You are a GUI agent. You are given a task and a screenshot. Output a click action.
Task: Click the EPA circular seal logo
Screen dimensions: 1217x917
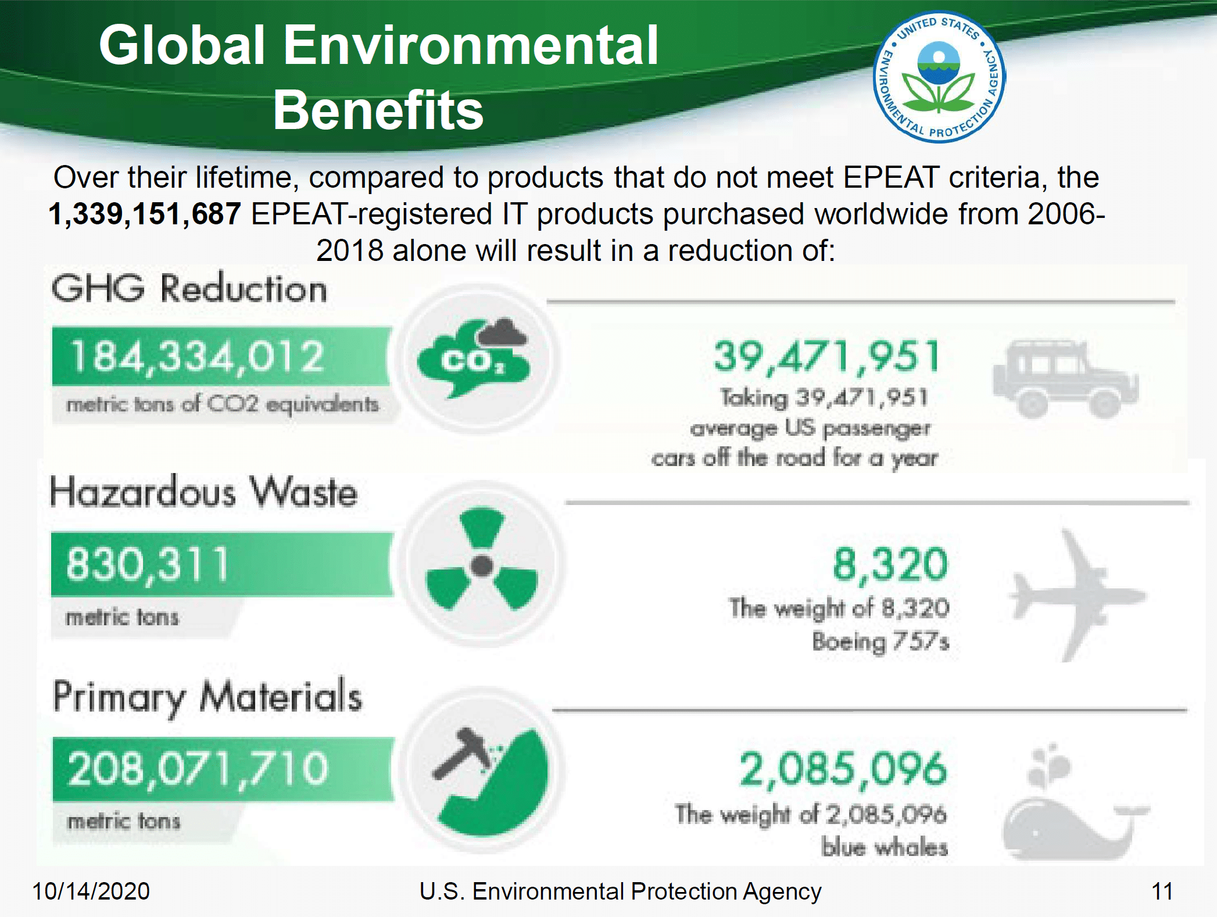coord(939,77)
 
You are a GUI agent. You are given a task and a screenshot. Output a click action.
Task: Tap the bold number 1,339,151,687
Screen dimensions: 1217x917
coord(145,214)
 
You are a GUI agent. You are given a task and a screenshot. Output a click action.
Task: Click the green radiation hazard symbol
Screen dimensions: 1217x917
coord(482,560)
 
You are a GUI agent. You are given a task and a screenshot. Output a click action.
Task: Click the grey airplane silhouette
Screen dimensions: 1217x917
coord(1076,595)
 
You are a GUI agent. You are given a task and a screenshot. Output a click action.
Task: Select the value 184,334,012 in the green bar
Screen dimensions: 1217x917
coord(196,356)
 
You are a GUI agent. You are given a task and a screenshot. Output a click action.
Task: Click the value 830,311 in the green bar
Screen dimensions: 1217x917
coord(147,564)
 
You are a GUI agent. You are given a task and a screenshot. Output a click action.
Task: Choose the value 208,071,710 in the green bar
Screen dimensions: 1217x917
coord(198,768)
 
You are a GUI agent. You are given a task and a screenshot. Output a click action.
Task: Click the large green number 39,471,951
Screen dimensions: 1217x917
coord(826,357)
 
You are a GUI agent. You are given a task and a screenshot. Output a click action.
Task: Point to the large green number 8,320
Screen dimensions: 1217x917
coord(890,564)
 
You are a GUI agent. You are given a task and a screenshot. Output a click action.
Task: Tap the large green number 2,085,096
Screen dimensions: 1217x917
coord(843,769)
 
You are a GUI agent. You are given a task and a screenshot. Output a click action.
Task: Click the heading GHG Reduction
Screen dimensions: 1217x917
coord(189,288)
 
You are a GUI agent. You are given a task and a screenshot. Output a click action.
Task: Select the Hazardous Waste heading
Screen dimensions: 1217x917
coord(203,492)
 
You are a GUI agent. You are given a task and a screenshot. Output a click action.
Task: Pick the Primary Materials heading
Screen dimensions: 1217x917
coord(207,697)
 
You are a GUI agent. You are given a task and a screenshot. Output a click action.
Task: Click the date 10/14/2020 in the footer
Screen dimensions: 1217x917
coord(91,891)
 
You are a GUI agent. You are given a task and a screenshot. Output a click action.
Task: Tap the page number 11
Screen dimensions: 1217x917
coord(1162,891)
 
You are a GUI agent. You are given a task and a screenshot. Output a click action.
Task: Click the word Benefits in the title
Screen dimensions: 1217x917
coord(378,110)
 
